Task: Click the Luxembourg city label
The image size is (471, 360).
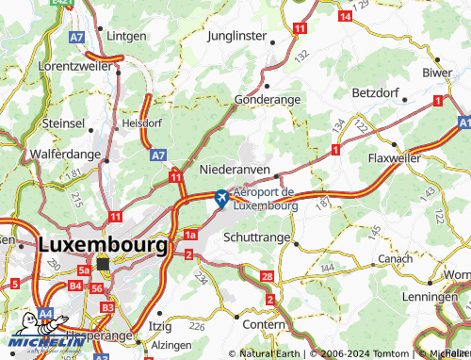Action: [104, 243]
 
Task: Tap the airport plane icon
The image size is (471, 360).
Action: [220, 198]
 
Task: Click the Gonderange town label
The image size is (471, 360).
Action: [268, 99]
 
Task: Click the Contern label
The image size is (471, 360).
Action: [263, 323]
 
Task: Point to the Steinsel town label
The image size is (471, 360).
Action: [63, 123]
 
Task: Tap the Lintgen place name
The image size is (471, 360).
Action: [127, 35]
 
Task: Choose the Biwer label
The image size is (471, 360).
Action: [437, 72]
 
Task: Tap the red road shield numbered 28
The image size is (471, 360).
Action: [267, 276]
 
